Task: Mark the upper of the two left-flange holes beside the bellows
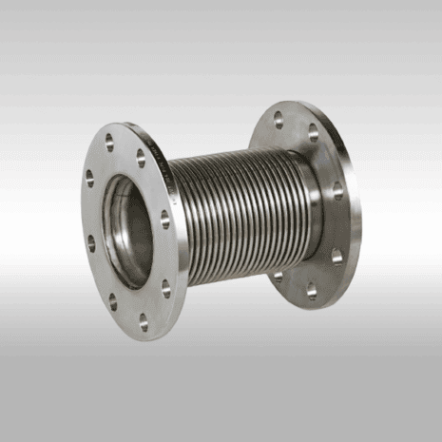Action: [164, 218]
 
